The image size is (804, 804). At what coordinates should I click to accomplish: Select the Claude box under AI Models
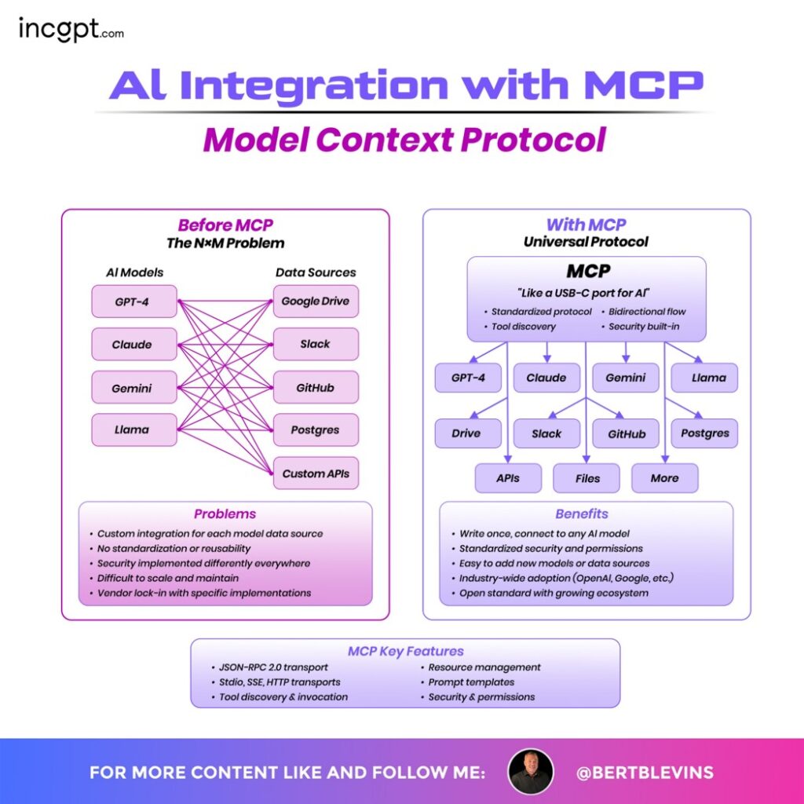point(133,345)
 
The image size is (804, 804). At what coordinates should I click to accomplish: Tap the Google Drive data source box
point(316,301)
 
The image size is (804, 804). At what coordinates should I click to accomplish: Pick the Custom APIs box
point(316,473)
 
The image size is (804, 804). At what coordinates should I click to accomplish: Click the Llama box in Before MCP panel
point(133,429)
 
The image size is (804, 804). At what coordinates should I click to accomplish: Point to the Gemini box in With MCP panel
point(625,378)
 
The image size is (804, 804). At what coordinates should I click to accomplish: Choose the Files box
point(587,478)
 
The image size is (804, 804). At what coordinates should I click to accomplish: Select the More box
point(664,478)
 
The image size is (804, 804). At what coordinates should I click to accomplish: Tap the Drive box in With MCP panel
point(468,433)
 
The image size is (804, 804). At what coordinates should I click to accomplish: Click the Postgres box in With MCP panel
point(704,433)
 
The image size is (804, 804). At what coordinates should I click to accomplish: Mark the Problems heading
point(225,514)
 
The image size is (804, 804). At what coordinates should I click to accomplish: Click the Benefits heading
point(582,514)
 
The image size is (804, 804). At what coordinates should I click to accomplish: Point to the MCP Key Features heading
point(405,651)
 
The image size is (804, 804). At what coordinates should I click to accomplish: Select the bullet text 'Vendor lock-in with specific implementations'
point(204,593)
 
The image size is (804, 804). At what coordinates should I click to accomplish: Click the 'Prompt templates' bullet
point(471,682)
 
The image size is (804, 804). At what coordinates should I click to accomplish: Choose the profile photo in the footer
point(531,771)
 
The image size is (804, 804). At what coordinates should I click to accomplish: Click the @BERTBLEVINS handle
point(645,772)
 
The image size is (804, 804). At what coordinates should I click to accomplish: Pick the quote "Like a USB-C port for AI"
point(587,294)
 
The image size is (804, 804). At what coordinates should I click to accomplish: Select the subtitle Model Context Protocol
point(404,140)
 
